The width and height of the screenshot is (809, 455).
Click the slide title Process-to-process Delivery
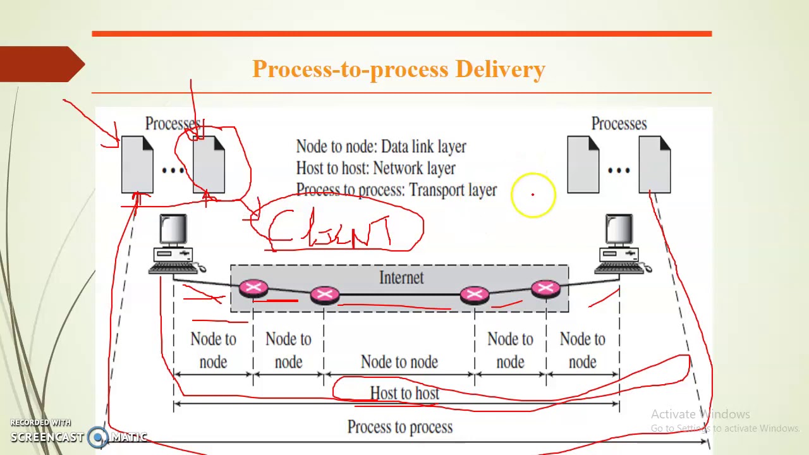tap(398, 69)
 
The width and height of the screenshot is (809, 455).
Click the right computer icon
tap(621, 244)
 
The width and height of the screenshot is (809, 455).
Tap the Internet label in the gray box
tap(401, 277)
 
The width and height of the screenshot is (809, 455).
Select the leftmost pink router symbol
tap(253, 289)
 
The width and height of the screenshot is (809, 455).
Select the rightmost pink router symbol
tap(545, 289)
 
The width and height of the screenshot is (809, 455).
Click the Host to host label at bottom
tap(404, 393)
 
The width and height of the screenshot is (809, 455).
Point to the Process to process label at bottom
tap(400, 427)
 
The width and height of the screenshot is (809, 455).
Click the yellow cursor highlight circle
tap(533, 195)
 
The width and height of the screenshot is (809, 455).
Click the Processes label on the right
tap(619, 124)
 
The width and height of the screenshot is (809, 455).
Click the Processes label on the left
tap(173, 124)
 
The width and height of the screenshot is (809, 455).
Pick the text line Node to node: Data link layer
tap(381, 147)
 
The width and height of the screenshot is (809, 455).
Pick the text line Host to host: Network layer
tap(375, 168)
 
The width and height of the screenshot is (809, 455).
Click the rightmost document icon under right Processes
tap(654, 164)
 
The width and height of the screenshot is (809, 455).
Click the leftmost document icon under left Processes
tap(137, 164)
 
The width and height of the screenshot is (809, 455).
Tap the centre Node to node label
tap(399, 361)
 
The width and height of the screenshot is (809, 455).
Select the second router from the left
tap(325, 294)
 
